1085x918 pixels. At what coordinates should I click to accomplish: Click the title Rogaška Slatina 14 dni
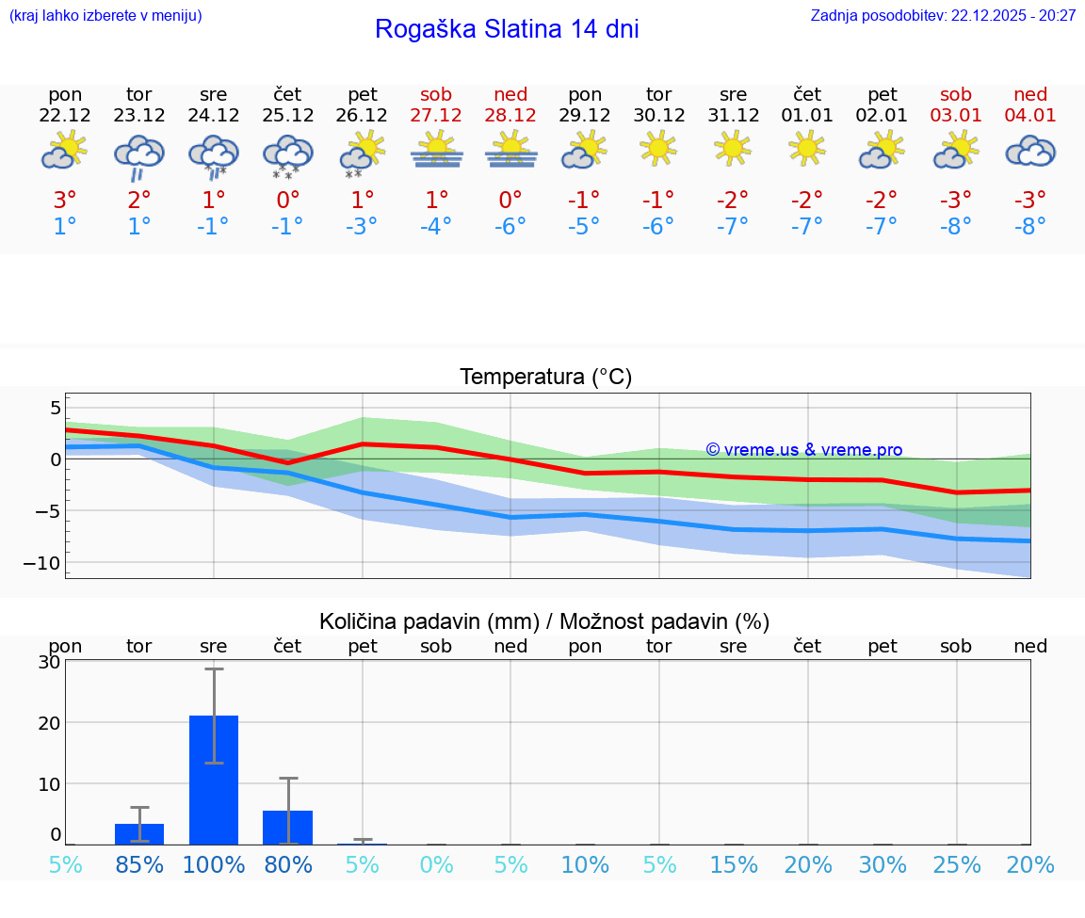coord(507,29)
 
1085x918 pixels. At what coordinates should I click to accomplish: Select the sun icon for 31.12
coord(733,149)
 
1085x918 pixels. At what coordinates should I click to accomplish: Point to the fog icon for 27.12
coord(436,151)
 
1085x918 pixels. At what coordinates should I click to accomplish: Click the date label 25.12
coord(288,116)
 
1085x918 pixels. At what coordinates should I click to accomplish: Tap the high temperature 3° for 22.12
coord(65,201)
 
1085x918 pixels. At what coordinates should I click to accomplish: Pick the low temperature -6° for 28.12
coord(510,226)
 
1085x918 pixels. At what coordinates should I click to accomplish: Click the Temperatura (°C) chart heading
coord(545,378)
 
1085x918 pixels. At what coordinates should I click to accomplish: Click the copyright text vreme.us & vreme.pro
coord(804,450)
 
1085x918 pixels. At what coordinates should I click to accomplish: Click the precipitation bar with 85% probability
coord(139,833)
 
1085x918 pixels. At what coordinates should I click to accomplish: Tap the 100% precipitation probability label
coord(214,865)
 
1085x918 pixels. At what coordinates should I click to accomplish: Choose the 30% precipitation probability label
coord(883,865)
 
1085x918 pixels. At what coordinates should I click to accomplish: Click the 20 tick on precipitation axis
coord(49,723)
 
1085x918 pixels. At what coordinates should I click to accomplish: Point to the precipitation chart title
coord(544,621)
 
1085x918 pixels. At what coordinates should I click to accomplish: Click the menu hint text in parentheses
coord(105,15)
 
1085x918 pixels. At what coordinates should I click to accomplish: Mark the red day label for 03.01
coord(956,94)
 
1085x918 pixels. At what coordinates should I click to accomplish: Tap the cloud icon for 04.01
coord(1030,152)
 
